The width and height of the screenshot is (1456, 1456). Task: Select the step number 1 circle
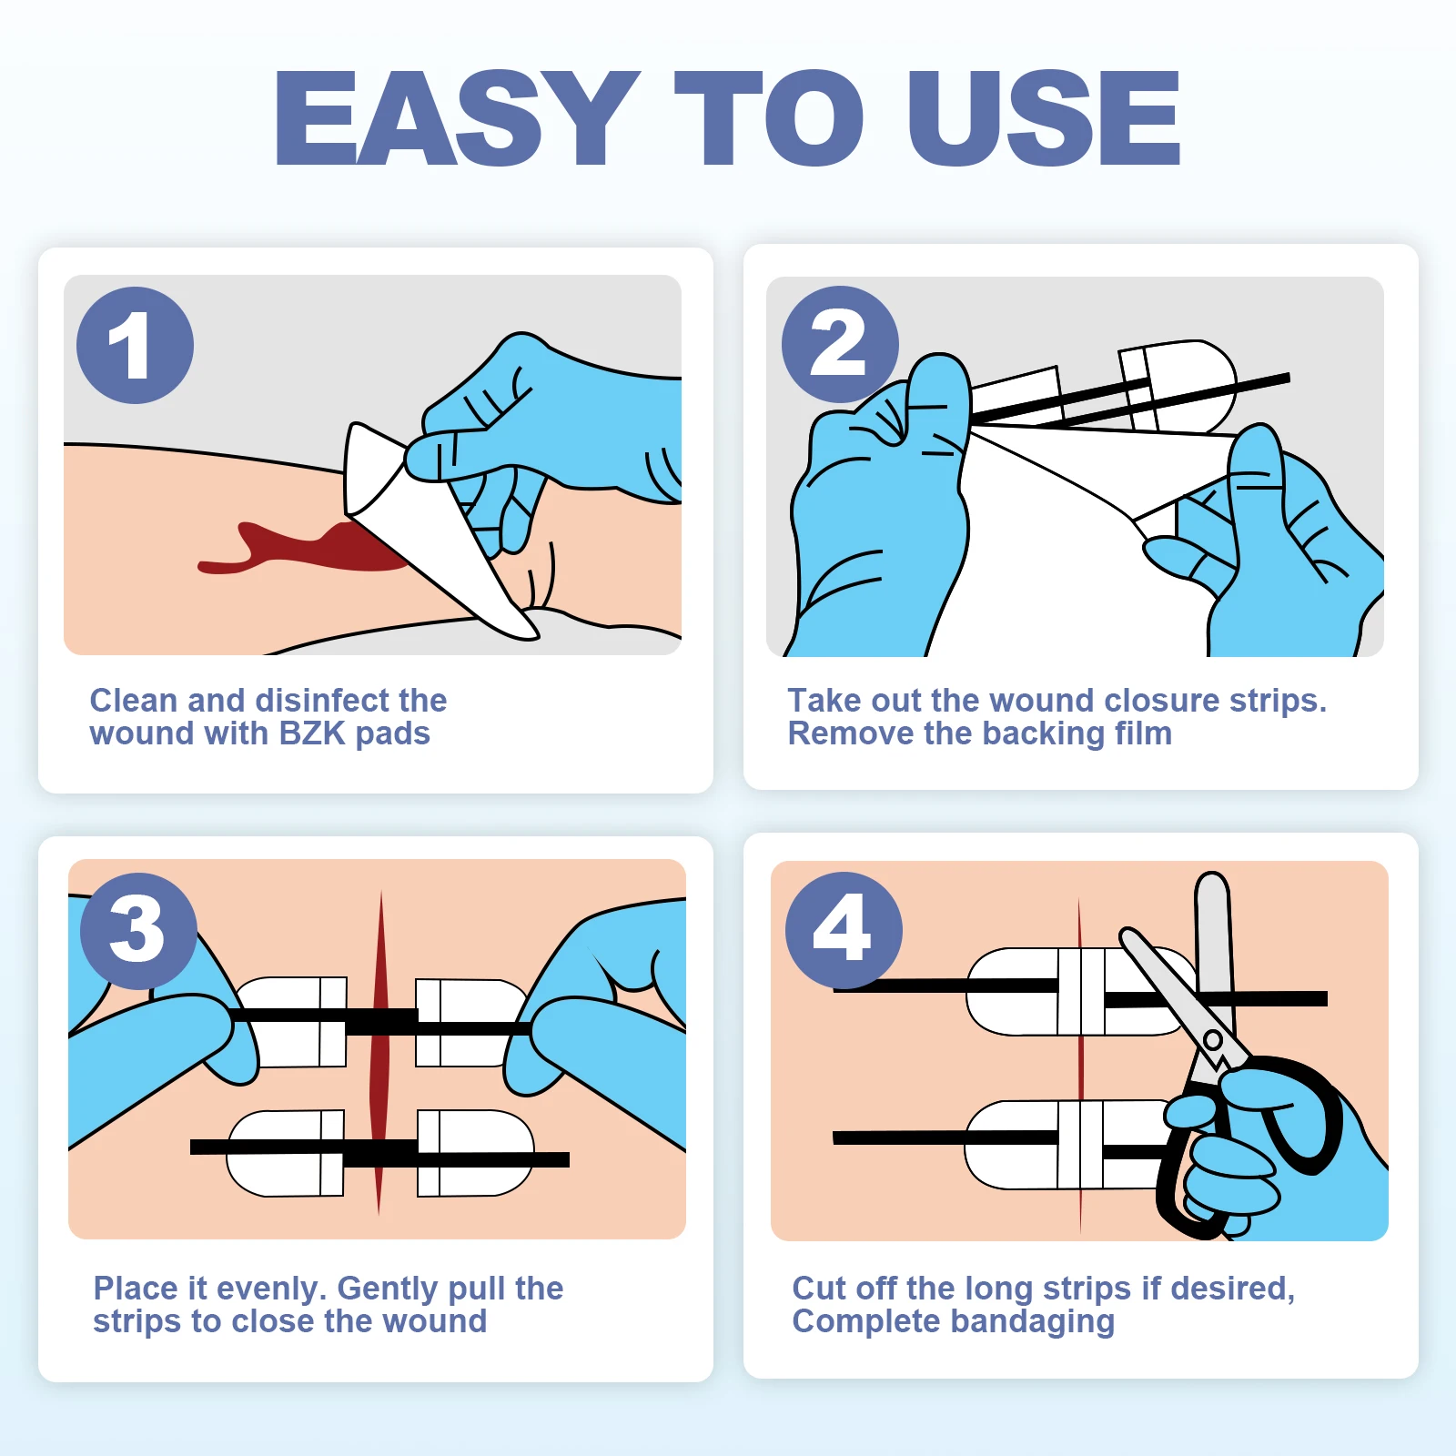click(135, 346)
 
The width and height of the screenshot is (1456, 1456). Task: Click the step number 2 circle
click(840, 344)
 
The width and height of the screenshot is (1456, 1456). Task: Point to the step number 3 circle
click(138, 931)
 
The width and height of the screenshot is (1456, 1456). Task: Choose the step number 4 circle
click(844, 930)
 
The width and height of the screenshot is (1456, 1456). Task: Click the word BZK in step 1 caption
click(312, 733)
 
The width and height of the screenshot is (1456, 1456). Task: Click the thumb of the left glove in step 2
click(937, 400)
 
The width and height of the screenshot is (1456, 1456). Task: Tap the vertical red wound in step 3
click(379, 1052)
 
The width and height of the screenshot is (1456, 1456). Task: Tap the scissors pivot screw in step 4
click(1212, 1039)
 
